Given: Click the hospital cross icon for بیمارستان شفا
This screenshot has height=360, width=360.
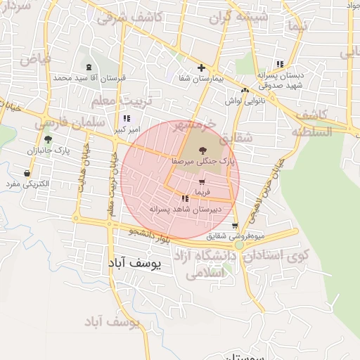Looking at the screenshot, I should point(202,68).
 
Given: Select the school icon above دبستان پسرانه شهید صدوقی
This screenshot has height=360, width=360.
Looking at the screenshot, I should point(281,64).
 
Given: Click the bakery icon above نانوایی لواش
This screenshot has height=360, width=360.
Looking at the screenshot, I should point(245,91).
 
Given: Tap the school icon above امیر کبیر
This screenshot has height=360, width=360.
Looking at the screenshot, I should point(126,119).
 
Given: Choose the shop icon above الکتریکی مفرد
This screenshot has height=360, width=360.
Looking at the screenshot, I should point(27,173).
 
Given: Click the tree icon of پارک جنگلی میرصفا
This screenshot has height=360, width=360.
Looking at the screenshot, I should point(202,150).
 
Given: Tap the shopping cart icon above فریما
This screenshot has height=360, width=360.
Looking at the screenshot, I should point(202,182).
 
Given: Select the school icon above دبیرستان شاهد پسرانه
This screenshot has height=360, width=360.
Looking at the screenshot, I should point(185,199).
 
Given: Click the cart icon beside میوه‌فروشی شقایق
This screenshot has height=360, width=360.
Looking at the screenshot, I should point(235,225).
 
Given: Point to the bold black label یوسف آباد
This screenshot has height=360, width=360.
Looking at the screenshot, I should point(135,264).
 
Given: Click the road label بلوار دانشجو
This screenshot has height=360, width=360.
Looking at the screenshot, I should point(151,235).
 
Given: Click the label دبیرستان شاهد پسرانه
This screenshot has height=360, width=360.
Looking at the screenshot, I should point(184,209).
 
